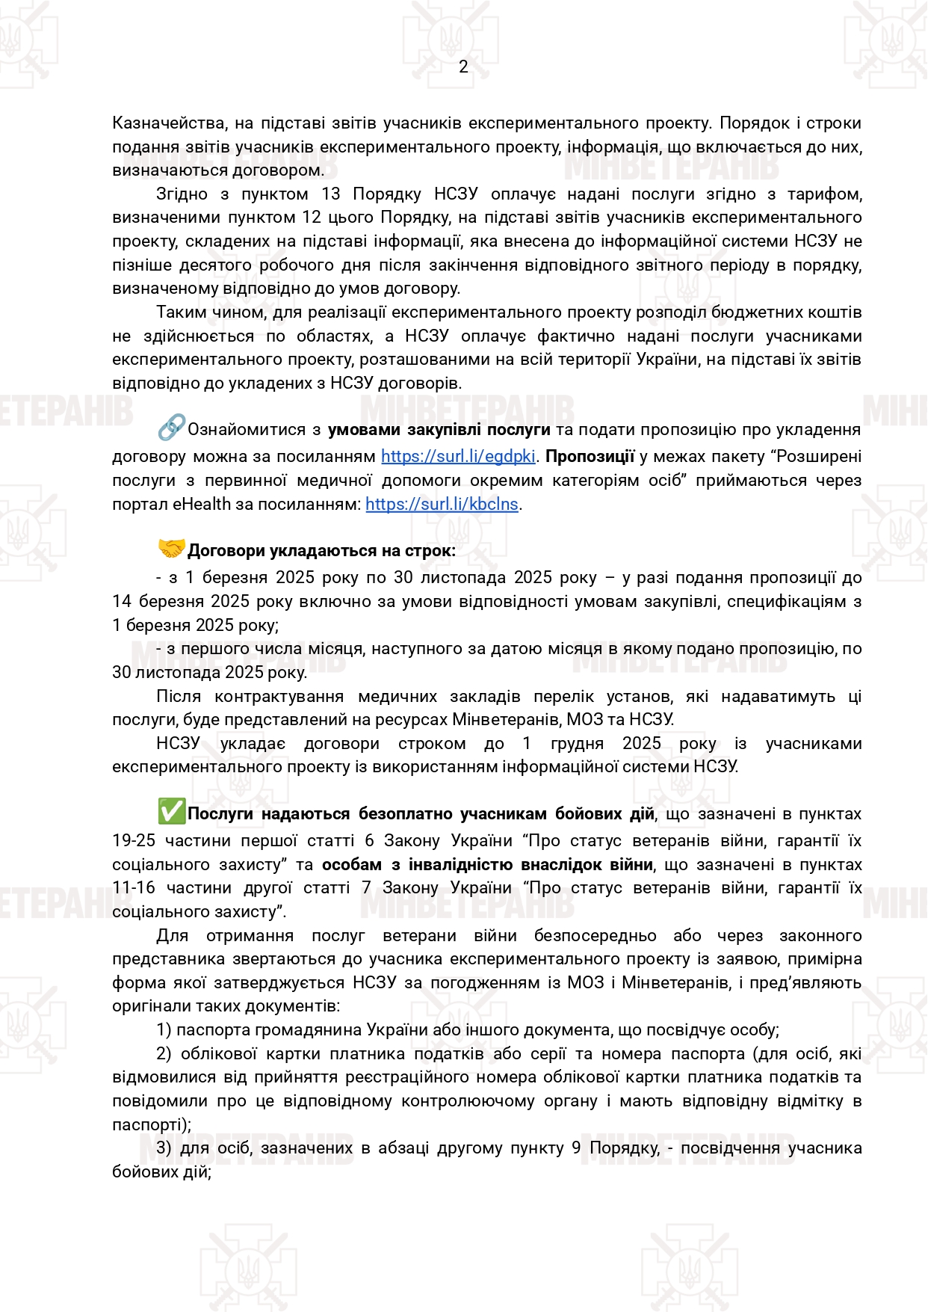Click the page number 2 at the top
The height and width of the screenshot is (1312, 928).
(463, 67)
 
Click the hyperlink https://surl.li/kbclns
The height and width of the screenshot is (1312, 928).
(442, 505)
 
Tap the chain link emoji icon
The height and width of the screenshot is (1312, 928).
(171, 428)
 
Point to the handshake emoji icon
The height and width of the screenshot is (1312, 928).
(171, 549)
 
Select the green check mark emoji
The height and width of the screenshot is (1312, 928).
(171, 812)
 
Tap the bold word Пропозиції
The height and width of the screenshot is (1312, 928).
(590, 457)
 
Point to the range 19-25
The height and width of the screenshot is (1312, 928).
(134, 841)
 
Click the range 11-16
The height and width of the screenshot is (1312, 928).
(134, 888)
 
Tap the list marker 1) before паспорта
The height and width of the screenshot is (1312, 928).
(164, 1030)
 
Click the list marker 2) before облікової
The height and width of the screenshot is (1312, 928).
(164, 1054)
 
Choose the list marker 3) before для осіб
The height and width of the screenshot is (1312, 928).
(164, 1148)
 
